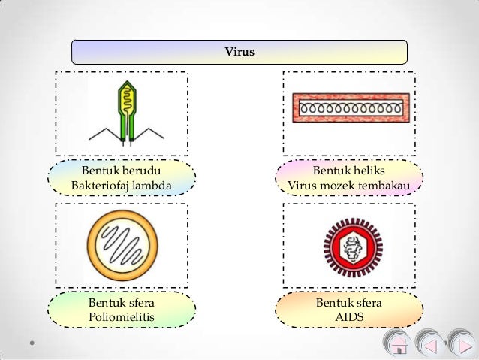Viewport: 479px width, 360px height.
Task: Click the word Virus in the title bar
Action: (239, 53)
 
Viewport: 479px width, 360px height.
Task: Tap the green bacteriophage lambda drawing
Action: (125, 111)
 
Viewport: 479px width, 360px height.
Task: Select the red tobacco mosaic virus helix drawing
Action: (350, 107)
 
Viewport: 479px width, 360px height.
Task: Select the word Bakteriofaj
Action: (100, 185)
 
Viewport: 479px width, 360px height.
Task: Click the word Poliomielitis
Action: (121, 318)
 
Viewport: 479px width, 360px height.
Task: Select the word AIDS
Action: (349, 318)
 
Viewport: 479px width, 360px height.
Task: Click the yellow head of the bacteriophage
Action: (125, 95)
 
